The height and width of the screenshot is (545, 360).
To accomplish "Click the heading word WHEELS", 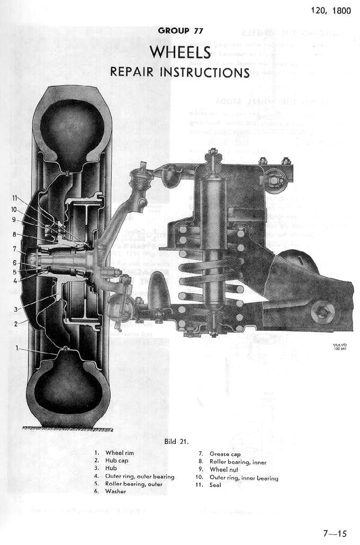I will click(x=181, y=52).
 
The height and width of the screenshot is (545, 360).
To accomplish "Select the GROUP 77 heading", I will click(x=181, y=31).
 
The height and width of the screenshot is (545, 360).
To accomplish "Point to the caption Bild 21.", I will click(x=180, y=440).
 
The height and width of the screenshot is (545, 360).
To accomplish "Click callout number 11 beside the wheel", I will click(x=15, y=198).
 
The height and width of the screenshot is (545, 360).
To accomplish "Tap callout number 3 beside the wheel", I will click(x=16, y=309).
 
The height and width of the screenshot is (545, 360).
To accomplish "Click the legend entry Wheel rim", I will click(x=121, y=453).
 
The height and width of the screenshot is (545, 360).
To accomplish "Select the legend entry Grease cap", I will click(x=226, y=454).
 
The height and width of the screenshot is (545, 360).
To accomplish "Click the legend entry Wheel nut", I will click(x=226, y=470).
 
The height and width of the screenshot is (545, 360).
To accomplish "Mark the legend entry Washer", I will click(x=115, y=492).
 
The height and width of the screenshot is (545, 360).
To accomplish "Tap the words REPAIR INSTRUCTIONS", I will click(x=180, y=71).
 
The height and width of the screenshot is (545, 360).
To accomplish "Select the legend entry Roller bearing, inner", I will click(x=237, y=462).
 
